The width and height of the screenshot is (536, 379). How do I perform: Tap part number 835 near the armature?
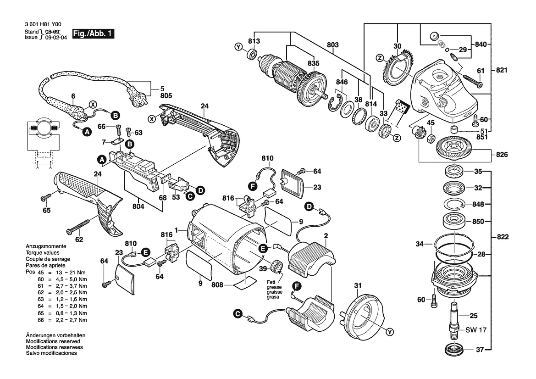pos(313,63)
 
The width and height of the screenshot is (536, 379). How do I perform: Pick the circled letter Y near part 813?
pos(238,47)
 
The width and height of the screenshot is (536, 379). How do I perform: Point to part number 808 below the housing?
pos(218,285)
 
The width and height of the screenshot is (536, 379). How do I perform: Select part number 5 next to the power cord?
pos(161,89)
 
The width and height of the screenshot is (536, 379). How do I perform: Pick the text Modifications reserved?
pos(53,342)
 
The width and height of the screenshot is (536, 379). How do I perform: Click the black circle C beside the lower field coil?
pos(238,314)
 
